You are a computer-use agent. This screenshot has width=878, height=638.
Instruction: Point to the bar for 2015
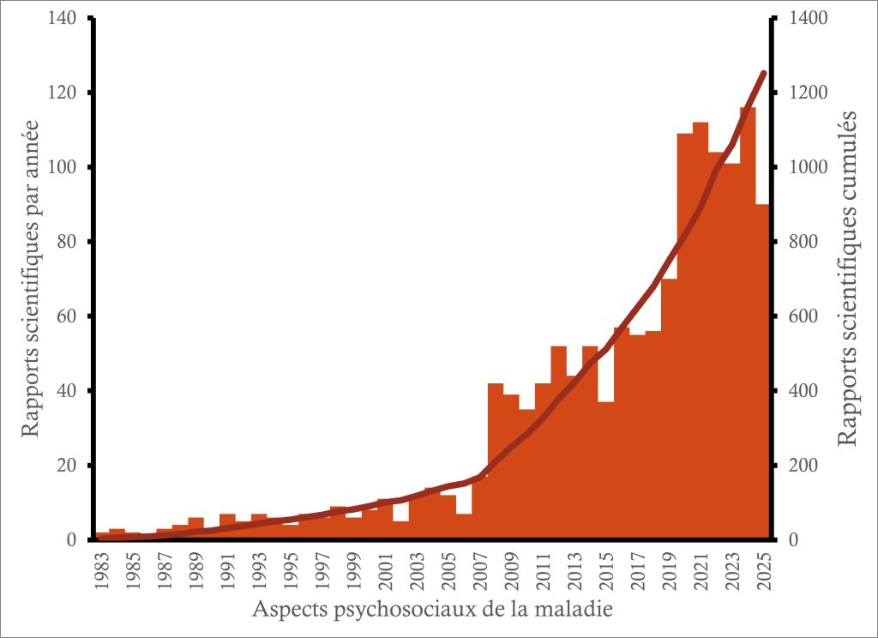(605, 471)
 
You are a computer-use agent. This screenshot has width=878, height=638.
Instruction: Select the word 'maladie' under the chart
(580, 610)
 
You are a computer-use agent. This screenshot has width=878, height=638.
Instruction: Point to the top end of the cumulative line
(763, 74)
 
